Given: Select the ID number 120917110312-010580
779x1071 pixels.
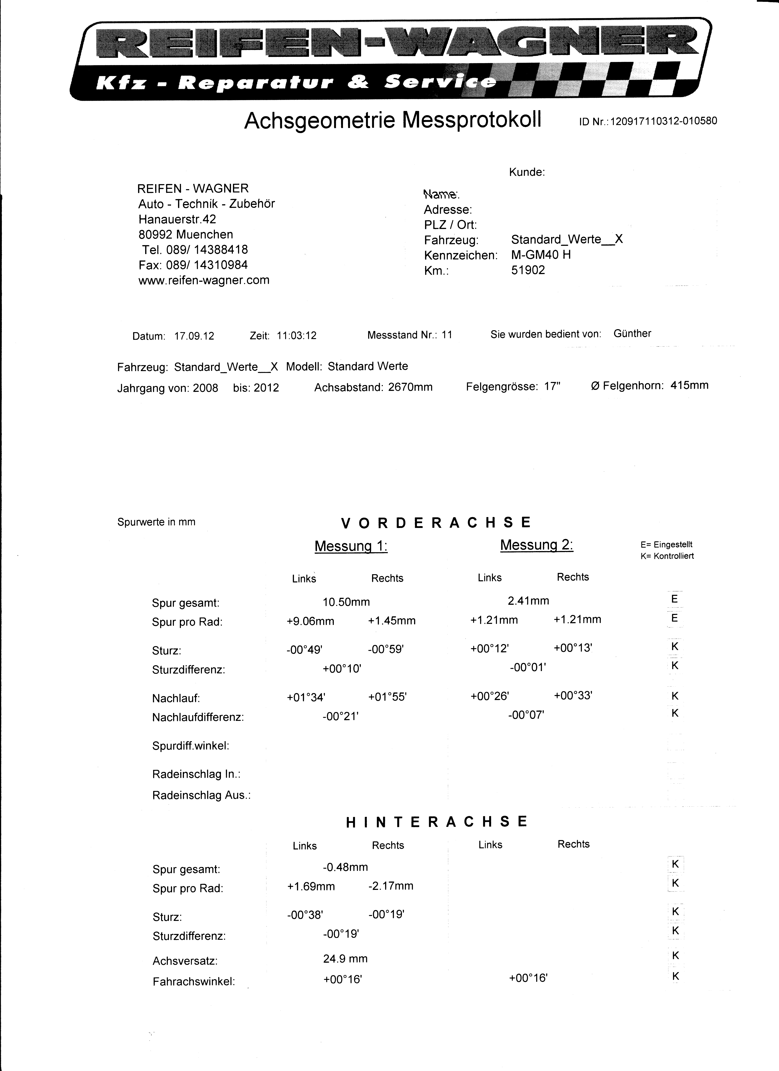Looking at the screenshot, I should tap(663, 121).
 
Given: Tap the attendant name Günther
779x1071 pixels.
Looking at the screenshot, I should tap(632, 333).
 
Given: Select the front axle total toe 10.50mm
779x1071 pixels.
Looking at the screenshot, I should tap(346, 602).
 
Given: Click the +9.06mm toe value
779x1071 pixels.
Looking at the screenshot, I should tap(310, 621).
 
